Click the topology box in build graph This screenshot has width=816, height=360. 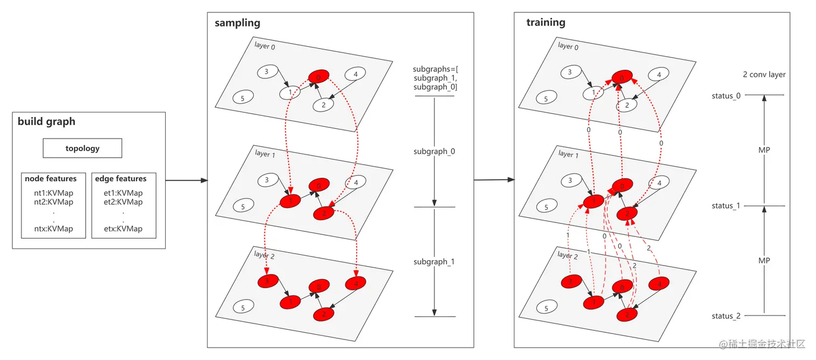point(82,148)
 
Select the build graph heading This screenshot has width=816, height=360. point(46,121)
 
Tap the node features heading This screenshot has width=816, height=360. point(51,179)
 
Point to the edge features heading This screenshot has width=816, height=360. point(120,179)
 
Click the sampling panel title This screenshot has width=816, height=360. point(237,23)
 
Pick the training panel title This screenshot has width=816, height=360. point(546,23)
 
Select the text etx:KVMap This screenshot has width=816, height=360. point(123,229)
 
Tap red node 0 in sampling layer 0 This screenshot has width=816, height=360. point(318,78)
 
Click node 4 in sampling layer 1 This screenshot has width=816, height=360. point(356,184)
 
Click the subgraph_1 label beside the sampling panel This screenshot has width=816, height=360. point(434,262)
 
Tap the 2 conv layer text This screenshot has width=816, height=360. point(764,74)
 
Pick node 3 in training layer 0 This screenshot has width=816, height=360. point(570,72)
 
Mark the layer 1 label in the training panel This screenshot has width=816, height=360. point(568,154)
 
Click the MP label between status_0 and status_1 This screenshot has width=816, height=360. point(764,150)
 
